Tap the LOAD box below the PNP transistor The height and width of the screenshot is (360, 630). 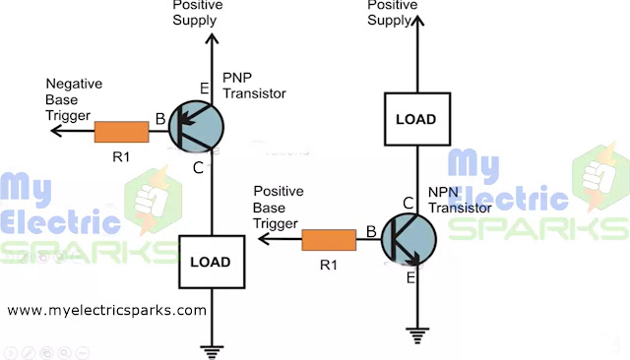(x=212, y=263)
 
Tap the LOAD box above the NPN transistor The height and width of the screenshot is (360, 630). (x=417, y=119)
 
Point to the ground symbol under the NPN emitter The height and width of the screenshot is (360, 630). (x=418, y=336)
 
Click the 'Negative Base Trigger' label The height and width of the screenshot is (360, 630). (x=74, y=99)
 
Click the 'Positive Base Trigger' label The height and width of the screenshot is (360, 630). (x=280, y=207)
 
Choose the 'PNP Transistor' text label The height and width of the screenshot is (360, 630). (x=255, y=85)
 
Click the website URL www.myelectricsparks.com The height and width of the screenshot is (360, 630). (x=107, y=310)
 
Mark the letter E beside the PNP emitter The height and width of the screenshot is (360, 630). (x=204, y=90)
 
